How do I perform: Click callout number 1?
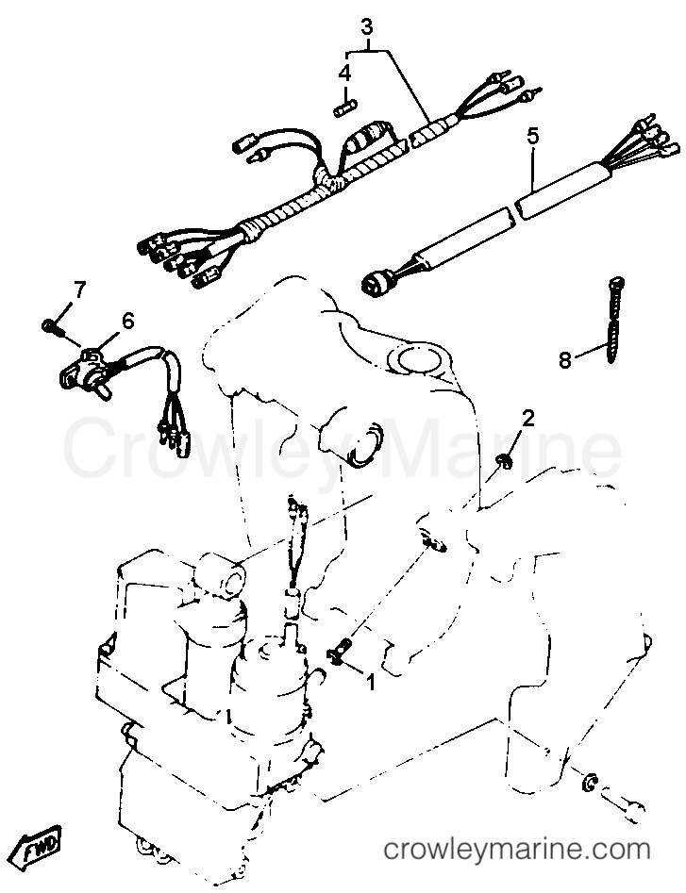point(370,681)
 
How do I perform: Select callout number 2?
point(528,420)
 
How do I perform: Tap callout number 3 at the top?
point(367,26)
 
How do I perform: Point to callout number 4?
point(344,73)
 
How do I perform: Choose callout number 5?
point(532,138)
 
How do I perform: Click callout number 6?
point(127,322)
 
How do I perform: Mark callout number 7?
point(77,291)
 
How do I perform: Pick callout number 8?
point(564,359)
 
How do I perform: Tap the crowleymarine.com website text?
point(517,850)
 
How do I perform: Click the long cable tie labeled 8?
point(614,321)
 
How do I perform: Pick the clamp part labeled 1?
point(340,651)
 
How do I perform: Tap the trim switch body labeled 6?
point(86,372)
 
